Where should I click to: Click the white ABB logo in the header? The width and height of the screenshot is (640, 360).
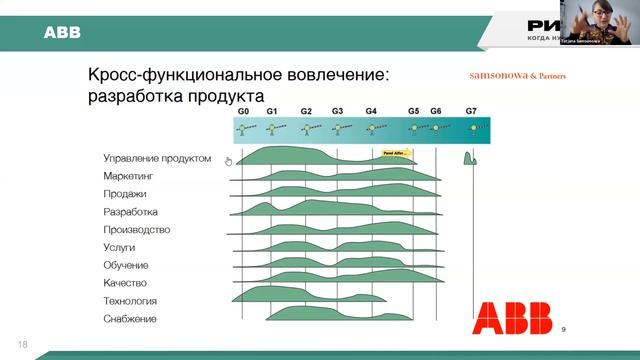click(x=61, y=34)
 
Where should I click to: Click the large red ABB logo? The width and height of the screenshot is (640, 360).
click(x=513, y=319)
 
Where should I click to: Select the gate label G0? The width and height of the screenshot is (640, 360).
click(x=243, y=111)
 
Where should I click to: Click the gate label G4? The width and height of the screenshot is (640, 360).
click(x=371, y=111)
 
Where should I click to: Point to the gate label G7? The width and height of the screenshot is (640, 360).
click(x=472, y=111)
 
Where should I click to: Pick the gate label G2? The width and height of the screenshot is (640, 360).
click(x=306, y=111)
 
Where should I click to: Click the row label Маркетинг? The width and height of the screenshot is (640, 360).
click(x=128, y=176)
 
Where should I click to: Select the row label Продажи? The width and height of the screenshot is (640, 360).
click(x=125, y=194)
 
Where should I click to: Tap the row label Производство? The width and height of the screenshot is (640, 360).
click(x=136, y=229)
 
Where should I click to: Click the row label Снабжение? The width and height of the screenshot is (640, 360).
click(x=130, y=319)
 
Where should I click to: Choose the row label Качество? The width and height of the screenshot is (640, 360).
click(x=126, y=283)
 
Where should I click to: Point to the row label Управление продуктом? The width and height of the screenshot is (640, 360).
click(x=157, y=158)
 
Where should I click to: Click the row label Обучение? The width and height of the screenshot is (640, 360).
click(x=126, y=265)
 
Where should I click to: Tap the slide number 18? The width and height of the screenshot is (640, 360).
click(x=22, y=345)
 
